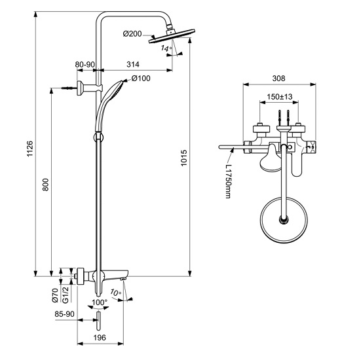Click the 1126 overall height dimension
[x=30, y=149]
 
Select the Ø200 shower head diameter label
[x=132, y=34]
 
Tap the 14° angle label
[x=166, y=48]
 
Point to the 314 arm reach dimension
[x=133, y=64]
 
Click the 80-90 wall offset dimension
[x=85, y=64]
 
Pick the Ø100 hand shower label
[x=141, y=79]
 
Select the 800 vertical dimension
[x=46, y=185]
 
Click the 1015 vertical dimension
[x=183, y=158]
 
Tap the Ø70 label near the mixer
[x=55, y=295]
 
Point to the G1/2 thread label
[x=66, y=295]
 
